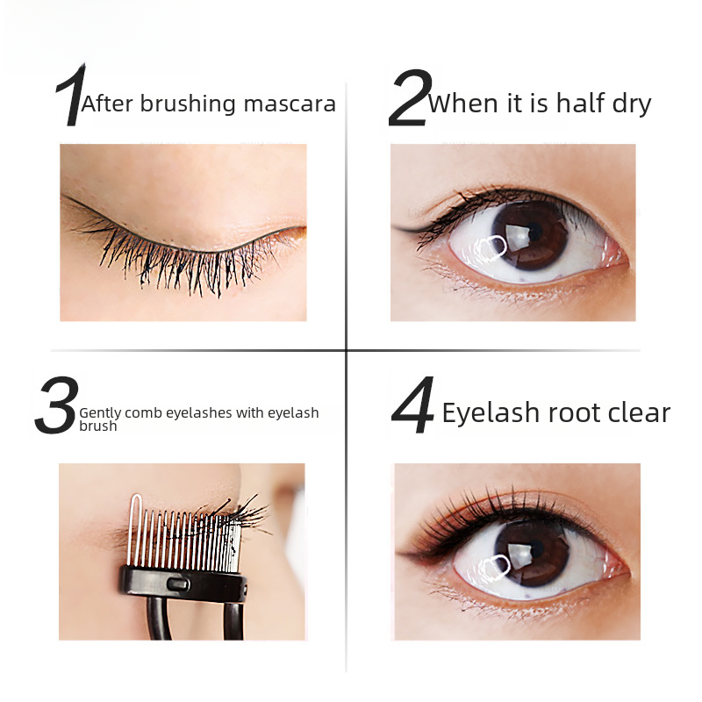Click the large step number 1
coord(71,95)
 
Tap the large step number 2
coord(410,97)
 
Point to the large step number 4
coord(412,405)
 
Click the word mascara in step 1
coord(290,104)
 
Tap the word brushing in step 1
coord(188,104)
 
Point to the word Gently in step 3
coord(100,412)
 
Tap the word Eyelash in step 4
coord(491,412)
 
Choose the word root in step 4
coord(575,412)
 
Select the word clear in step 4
coord(640,412)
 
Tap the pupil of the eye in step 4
coord(535,548)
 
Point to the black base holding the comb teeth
coord(183,584)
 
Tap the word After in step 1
coord(107,104)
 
